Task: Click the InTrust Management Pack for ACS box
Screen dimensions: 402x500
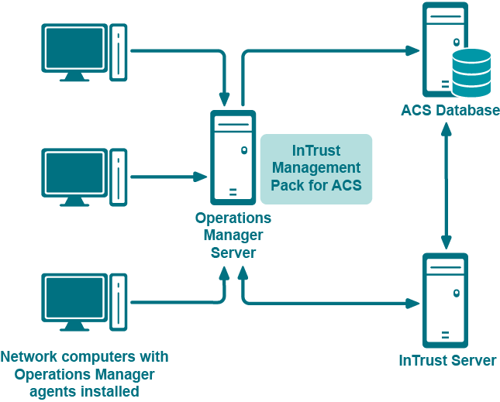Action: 316,169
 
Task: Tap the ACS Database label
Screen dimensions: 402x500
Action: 450,110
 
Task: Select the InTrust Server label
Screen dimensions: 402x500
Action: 447,360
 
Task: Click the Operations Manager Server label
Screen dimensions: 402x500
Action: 233,235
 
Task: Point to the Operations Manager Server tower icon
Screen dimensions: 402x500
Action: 233,156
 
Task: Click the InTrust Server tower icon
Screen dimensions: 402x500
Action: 445,300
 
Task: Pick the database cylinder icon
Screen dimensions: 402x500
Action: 471,72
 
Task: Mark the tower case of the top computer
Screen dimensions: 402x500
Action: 118,52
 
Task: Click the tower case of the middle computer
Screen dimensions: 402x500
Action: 118,177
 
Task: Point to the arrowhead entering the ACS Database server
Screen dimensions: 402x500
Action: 413,51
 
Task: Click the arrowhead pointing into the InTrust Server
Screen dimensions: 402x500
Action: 413,303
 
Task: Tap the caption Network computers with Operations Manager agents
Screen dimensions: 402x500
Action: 84,374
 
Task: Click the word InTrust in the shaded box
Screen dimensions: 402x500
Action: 316,151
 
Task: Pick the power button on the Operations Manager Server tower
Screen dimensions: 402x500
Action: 243,150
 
